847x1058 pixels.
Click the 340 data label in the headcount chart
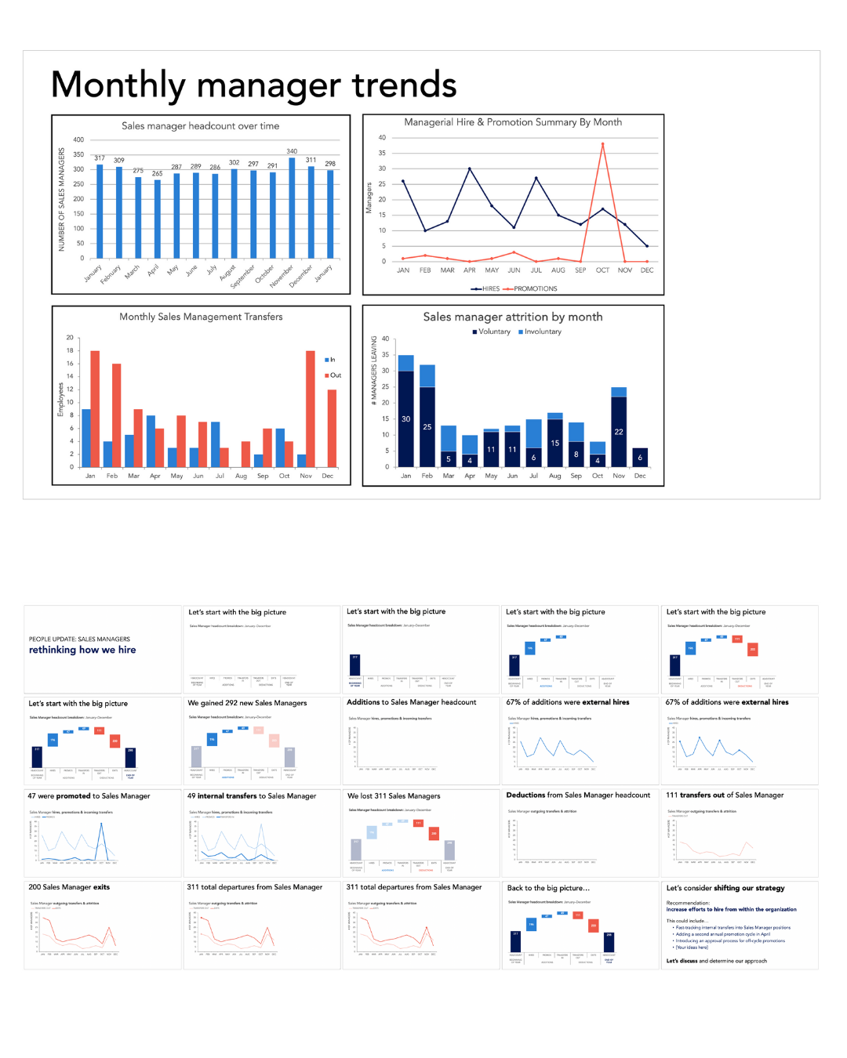click(292, 151)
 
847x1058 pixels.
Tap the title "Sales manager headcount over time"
click(200, 126)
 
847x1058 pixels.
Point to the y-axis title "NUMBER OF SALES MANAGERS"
click(62, 200)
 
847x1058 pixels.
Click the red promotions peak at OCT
click(602, 144)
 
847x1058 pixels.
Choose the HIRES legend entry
click(485, 289)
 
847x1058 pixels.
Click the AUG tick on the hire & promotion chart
click(558, 270)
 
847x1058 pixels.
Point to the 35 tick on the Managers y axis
click(383, 153)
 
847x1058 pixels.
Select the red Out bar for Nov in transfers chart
click(311, 408)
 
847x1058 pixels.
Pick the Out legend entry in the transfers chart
click(333, 375)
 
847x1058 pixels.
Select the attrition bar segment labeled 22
click(619, 431)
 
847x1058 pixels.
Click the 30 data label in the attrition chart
click(405, 419)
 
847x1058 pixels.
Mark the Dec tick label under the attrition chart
click(640, 476)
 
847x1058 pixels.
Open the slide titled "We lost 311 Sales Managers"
click(421, 832)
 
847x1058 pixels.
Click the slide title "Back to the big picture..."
click(548, 888)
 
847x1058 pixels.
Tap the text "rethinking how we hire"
click(82, 650)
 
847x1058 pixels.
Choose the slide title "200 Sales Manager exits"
click(69, 887)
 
